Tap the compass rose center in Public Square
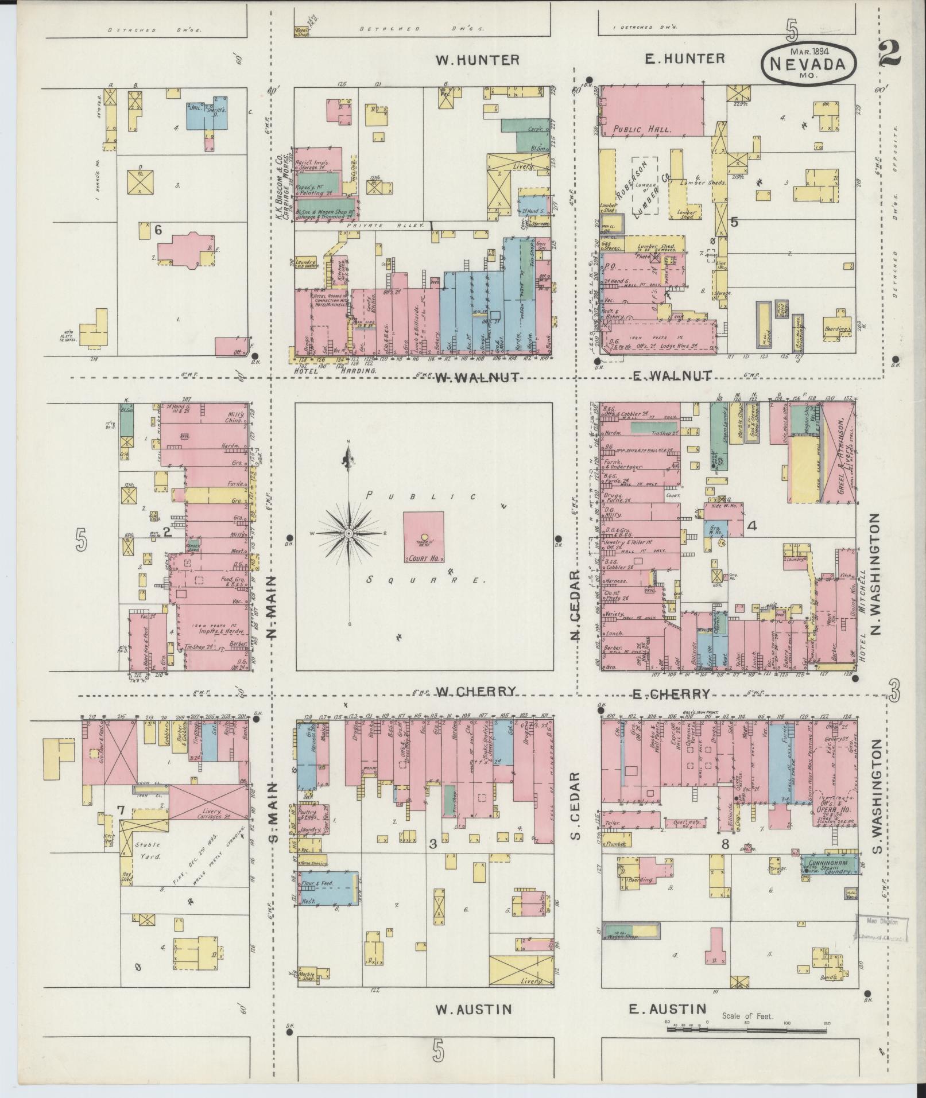tap(348, 534)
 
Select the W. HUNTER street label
tap(476, 60)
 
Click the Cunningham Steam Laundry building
tap(831, 867)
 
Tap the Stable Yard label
tap(146, 851)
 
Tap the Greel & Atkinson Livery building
tap(838, 453)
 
